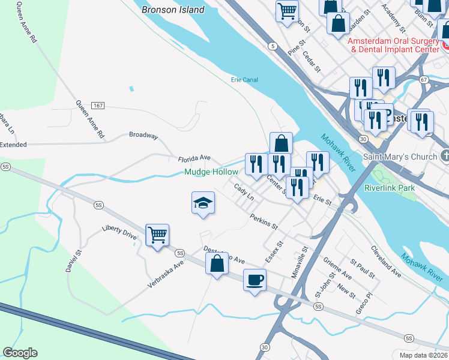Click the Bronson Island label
point(173,10)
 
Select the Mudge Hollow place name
point(211,172)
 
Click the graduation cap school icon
point(203,203)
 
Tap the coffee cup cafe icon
point(255,280)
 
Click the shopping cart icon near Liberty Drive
point(157,235)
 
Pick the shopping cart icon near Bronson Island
point(288,10)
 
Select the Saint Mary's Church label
point(400,157)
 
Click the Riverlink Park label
point(390,188)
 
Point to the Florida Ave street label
point(194,159)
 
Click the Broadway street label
point(143,136)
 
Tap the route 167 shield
point(98,106)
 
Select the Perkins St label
point(264,223)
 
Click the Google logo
point(20,353)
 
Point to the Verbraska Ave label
point(166,275)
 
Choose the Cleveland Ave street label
point(385,261)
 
